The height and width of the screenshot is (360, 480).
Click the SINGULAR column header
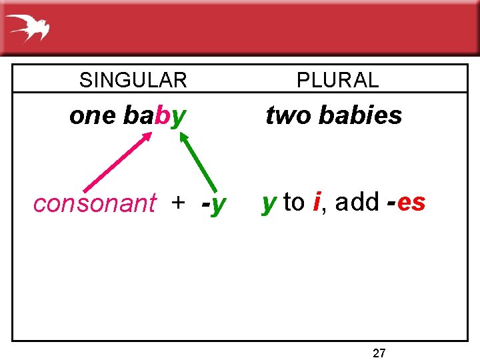coord(133,81)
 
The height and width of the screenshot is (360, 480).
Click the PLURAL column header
coord(337,81)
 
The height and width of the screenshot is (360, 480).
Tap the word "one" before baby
coord(93,116)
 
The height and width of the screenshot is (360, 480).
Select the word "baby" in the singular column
coord(155,116)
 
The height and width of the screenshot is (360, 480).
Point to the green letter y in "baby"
coord(179,118)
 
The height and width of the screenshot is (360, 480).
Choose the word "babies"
coord(360,115)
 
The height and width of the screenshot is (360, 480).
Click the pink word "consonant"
coord(95,203)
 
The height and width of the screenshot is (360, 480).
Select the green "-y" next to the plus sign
coord(213,203)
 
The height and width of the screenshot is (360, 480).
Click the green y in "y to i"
coord(269,203)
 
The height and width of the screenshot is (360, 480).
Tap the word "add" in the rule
coord(357,201)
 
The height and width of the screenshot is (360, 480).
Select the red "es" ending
coord(411,202)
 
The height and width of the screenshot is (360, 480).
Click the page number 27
coord(379,353)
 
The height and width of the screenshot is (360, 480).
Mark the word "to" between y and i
coord(294,202)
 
